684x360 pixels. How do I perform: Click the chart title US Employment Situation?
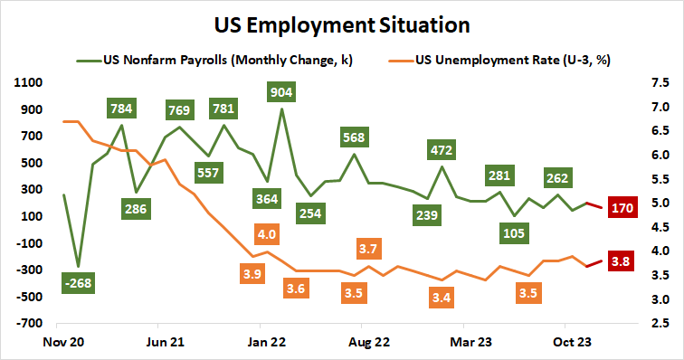pos(341,21)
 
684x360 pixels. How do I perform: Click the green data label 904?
pos(280,90)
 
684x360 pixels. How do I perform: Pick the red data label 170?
pos(622,207)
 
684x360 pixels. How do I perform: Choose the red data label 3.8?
pos(622,261)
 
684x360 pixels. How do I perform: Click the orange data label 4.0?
pos(267,234)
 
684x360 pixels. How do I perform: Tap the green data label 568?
pos(354,137)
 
